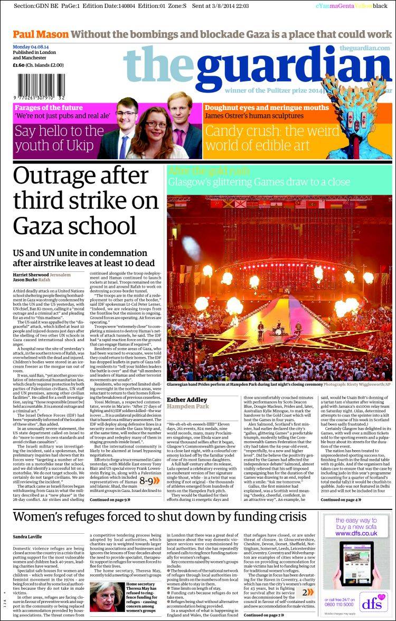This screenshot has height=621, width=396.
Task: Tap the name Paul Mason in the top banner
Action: [41, 34]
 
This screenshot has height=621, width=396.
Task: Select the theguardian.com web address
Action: [364, 48]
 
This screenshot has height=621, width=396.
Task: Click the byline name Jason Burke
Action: [26, 281]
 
